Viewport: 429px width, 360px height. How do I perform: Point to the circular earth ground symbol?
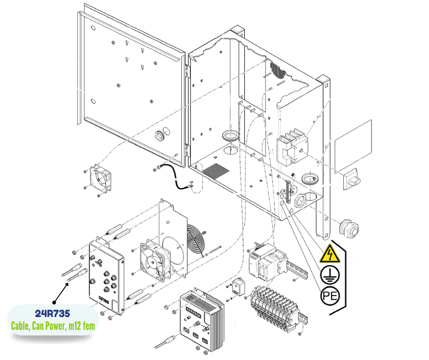click(330, 274)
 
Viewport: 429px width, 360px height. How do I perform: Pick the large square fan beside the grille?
click(153, 259)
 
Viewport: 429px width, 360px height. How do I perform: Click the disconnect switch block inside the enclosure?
click(291, 148)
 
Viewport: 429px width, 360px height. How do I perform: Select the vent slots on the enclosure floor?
click(216, 171)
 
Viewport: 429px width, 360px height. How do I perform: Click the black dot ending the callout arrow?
click(54, 302)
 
